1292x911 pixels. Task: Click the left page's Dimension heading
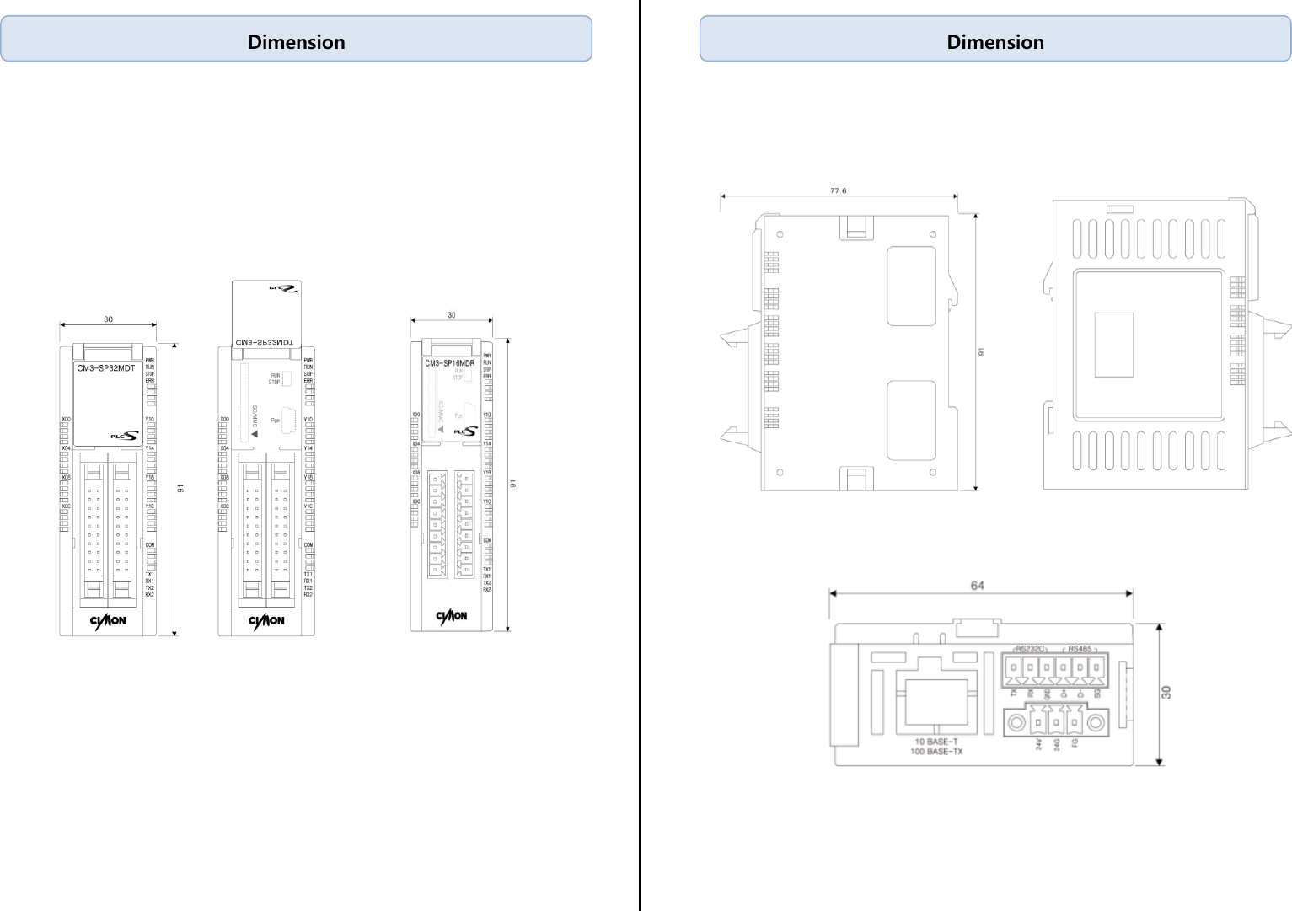point(296,42)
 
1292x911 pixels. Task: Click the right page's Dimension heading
point(994,42)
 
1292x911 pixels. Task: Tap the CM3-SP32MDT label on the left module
point(106,368)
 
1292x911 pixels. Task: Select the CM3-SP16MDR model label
point(450,363)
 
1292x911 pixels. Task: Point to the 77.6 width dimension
point(838,190)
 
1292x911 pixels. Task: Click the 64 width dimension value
point(977,585)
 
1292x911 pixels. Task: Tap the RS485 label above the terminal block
point(1080,649)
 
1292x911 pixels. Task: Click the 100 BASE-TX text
point(936,751)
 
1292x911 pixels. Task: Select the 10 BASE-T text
point(936,742)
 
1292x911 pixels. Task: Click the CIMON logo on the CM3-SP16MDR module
point(452,616)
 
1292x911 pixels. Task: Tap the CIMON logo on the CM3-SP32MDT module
point(108,621)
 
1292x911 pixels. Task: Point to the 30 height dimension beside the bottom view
point(1166,692)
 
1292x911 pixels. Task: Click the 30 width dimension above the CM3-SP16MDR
point(452,315)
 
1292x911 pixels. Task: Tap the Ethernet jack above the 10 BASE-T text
point(936,699)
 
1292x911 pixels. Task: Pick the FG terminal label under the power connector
point(1075,743)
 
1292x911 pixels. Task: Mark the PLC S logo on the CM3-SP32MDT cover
point(125,436)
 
